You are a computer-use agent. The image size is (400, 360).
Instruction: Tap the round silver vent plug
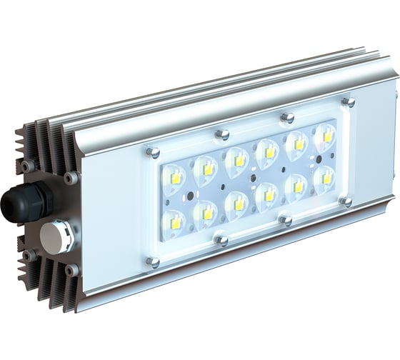56,236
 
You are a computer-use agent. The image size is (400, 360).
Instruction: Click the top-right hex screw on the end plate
69,176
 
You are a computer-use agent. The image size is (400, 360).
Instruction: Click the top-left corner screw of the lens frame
151,151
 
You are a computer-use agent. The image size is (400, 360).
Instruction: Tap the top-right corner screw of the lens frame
349,102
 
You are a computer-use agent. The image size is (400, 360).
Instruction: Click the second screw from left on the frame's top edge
223,134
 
